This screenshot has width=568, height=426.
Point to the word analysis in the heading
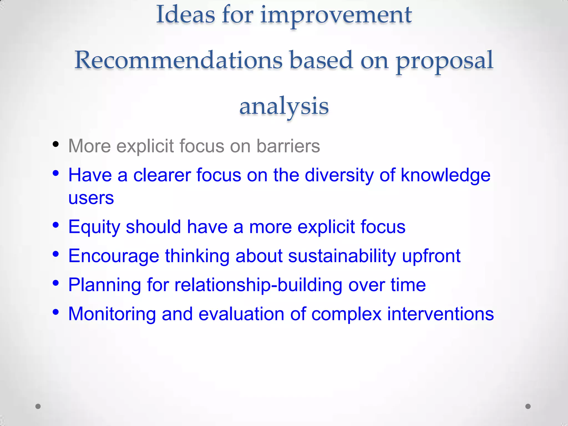pyautogui.click(x=284, y=106)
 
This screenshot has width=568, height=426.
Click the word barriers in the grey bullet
pyautogui.click(x=288, y=146)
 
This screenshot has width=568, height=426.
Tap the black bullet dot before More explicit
pyautogui.click(x=56, y=144)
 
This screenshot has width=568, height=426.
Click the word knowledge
pyautogui.click(x=446, y=176)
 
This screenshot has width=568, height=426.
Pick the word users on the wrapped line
pyautogui.click(x=91, y=198)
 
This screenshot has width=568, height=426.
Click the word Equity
pyautogui.click(x=94, y=227)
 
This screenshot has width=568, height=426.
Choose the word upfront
pyautogui.click(x=431, y=256)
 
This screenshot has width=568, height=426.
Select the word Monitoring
pyautogui.click(x=112, y=314)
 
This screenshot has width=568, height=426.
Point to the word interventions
pyautogui.click(x=440, y=314)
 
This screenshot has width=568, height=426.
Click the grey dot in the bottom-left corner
pyautogui.click(x=38, y=406)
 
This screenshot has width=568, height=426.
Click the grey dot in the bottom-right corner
pyautogui.click(x=528, y=406)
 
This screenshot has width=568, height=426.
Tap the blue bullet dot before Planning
pyautogui.click(x=56, y=283)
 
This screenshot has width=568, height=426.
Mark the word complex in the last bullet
pyautogui.click(x=346, y=315)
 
